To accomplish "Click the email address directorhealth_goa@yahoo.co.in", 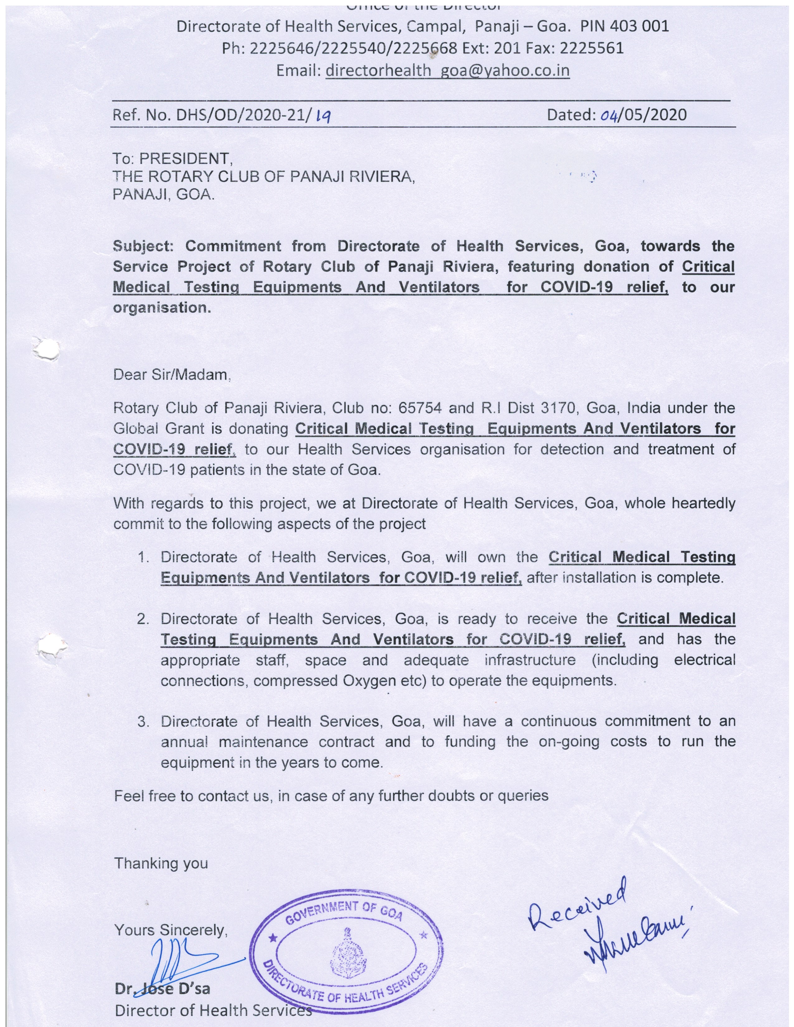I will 447,71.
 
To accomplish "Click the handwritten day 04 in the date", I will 609,115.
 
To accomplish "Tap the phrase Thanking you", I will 161,863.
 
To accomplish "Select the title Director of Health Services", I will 213,1010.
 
